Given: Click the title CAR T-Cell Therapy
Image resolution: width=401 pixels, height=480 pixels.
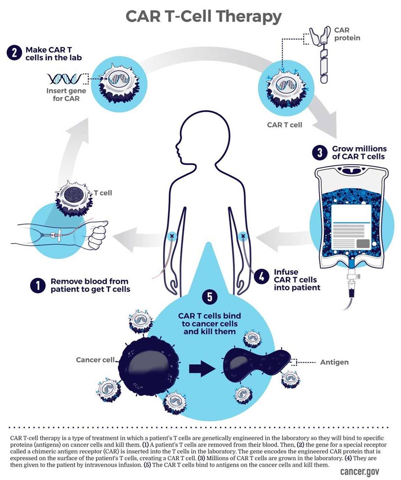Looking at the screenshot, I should coord(203,17).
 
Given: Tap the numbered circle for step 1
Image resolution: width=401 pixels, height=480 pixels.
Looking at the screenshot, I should coord(37,285).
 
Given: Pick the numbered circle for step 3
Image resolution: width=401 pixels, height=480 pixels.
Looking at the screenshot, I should coord(318,153).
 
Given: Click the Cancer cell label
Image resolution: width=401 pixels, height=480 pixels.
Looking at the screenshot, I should coord(95,360).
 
